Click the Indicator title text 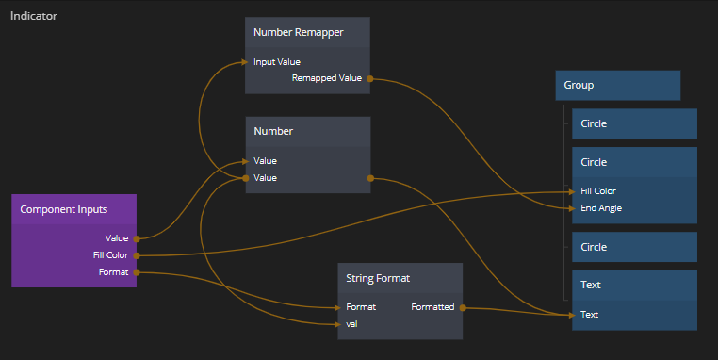pos(33,16)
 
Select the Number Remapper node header pos(307,33)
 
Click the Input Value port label pos(277,62)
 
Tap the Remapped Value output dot pos(370,79)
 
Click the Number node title pos(273,131)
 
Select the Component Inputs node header pos(73,209)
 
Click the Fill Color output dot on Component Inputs pos(137,255)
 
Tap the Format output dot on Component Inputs pos(137,272)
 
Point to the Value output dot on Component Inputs pos(137,238)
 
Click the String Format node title pos(378,278)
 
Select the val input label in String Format pos(351,324)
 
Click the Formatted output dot pos(463,308)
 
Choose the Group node pos(618,85)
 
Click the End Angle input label pos(601,208)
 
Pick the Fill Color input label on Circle pos(598,191)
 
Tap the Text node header pos(635,285)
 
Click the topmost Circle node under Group pos(635,123)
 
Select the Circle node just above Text pos(635,247)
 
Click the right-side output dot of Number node pos(370,178)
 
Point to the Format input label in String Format pos(361,307)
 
